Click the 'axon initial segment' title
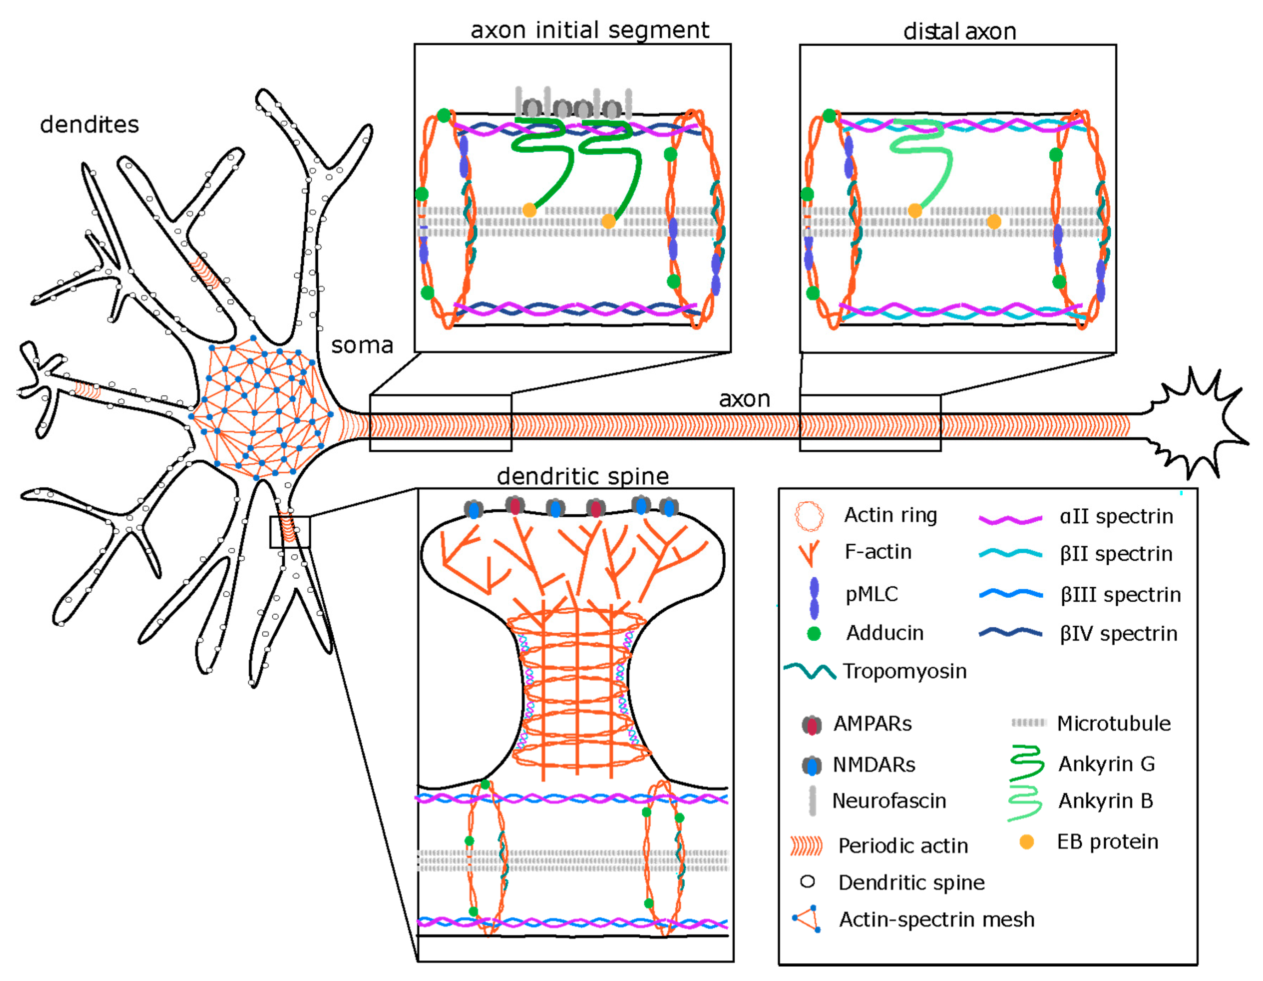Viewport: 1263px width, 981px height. click(589, 30)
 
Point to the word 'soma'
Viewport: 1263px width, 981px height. click(362, 345)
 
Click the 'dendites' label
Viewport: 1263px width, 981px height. click(90, 124)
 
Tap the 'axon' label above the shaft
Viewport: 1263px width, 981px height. click(744, 399)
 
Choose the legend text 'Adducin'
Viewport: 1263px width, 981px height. click(884, 633)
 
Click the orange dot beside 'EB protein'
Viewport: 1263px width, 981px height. click(1026, 842)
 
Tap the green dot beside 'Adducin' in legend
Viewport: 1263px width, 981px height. click(814, 634)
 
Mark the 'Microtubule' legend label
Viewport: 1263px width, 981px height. click(1113, 723)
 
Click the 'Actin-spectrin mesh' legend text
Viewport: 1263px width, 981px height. click(936, 919)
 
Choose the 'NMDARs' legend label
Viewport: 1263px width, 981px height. click(874, 765)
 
